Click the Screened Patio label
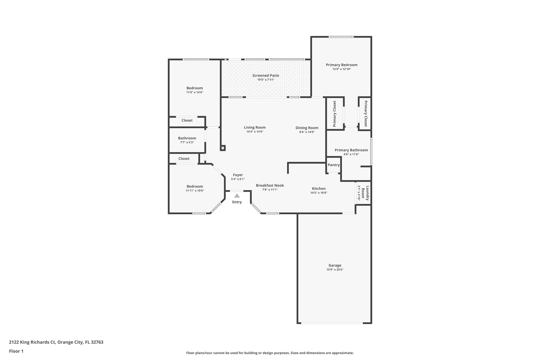point(266,75)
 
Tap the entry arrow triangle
point(237,196)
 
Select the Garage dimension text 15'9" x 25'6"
point(335,270)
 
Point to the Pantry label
point(334,165)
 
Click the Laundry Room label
point(365,193)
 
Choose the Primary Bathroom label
point(351,150)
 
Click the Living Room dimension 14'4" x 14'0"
point(255,132)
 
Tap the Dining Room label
point(307,128)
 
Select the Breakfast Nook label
point(270,185)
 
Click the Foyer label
point(238,175)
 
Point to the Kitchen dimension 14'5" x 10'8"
point(319,193)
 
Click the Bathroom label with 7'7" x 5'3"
point(187,138)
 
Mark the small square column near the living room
point(223,148)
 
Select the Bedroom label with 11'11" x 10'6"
point(195,186)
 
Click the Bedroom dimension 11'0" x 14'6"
point(195,92)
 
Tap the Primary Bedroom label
point(341,65)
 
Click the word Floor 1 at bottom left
point(16,351)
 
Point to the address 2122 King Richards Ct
point(56,342)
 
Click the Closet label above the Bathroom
point(187,120)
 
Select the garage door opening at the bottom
point(332,323)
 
